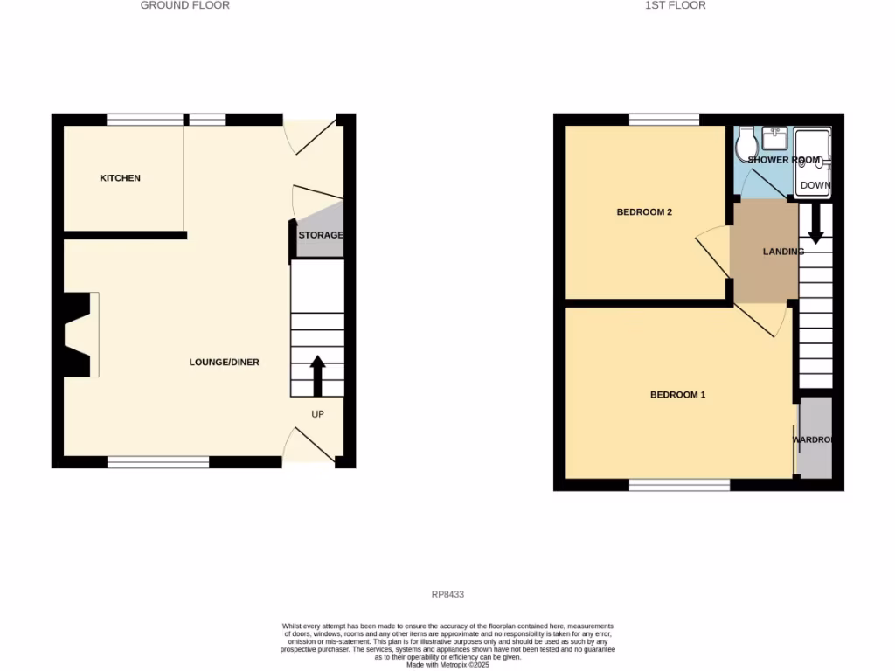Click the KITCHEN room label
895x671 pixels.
click(x=120, y=178)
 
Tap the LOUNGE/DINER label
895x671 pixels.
click(x=225, y=362)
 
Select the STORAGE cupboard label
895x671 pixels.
click(x=320, y=236)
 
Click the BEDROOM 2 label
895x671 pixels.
click(x=644, y=212)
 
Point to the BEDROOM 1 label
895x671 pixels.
click(x=677, y=395)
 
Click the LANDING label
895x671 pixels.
click(x=782, y=252)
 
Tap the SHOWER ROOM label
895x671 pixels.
click(x=783, y=160)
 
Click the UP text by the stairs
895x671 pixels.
click(x=317, y=414)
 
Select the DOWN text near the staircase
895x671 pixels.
click(x=815, y=185)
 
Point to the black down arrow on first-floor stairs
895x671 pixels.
click(x=815, y=225)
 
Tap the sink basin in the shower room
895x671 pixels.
click(x=774, y=137)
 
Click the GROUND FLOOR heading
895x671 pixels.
click(x=185, y=5)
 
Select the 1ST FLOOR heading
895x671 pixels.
click(x=676, y=5)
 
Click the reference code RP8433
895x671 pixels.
click(x=447, y=594)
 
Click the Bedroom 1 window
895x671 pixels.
click(x=679, y=485)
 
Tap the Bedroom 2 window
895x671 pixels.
click(x=663, y=120)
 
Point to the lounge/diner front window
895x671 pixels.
click(x=158, y=461)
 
